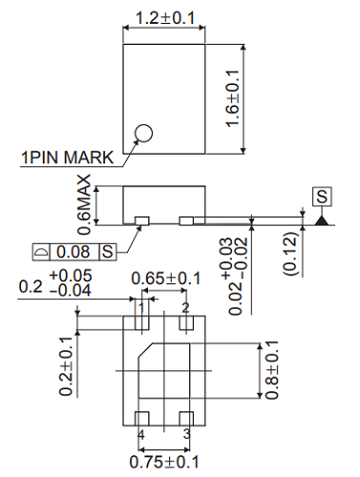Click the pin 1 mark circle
(143, 134)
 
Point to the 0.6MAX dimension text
(86, 204)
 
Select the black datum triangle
(323, 221)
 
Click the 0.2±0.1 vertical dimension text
(66, 365)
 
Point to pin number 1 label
(141, 306)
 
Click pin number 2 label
(186, 306)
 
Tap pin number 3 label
(186, 434)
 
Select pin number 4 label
(141, 434)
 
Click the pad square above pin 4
(141, 418)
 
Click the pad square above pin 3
(186, 418)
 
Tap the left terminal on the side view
(141, 221)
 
